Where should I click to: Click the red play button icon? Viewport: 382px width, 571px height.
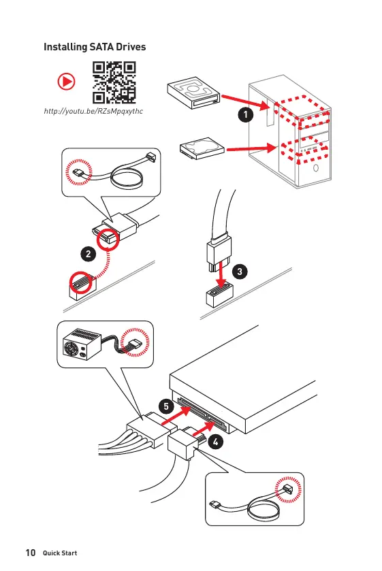pyautogui.click(x=66, y=81)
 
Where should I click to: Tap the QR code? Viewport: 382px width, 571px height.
pyautogui.click(x=114, y=82)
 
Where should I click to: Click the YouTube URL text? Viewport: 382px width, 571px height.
pyautogui.click(x=93, y=111)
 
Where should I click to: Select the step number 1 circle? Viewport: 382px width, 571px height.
pyautogui.click(x=246, y=115)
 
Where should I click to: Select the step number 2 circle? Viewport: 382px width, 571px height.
pyautogui.click(x=89, y=254)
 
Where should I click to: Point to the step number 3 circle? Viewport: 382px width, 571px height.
pyautogui.click(x=240, y=272)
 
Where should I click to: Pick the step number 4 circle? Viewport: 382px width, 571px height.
pyautogui.click(x=216, y=442)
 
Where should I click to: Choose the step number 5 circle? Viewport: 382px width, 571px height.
pyautogui.click(x=166, y=406)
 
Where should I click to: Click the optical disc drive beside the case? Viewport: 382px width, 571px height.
pyautogui.click(x=193, y=93)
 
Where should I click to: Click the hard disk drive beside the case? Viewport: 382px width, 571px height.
pyautogui.click(x=202, y=148)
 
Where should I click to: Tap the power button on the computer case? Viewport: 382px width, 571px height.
pyautogui.click(x=316, y=168)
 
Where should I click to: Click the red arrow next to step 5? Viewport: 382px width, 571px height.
pyautogui.click(x=176, y=416)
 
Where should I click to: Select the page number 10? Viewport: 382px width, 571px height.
pyautogui.click(x=31, y=553)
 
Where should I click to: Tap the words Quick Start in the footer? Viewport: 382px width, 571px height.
pyautogui.click(x=60, y=553)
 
